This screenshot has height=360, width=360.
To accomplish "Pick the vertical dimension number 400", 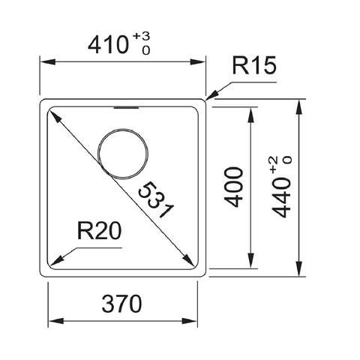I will (x=235, y=185).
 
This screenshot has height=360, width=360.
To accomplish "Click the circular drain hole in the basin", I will (x=122, y=150).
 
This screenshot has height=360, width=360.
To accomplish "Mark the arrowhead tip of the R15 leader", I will (x=207, y=98).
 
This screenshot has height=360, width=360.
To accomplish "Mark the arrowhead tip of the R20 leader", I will (x=51, y=262).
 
